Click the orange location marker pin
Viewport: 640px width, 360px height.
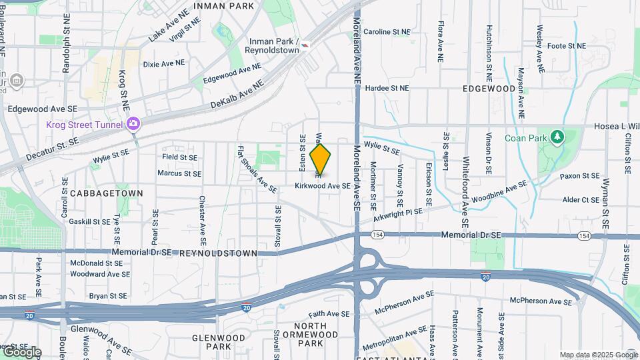point(321,160)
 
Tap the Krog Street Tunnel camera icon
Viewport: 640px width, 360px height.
point(133,124)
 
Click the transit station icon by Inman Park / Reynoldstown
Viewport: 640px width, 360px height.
point(305,43)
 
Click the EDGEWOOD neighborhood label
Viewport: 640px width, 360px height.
point(489,88)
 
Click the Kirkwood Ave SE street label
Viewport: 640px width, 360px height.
point(323,187)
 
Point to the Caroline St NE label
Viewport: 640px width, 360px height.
point(386,31)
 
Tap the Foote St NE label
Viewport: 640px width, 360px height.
point(566,46)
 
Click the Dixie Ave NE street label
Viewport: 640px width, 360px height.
point(163,64)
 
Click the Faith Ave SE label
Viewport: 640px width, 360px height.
point(329,313)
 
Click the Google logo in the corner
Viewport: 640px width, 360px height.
point(21,351)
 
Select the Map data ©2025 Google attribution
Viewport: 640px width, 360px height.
point(599,355)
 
